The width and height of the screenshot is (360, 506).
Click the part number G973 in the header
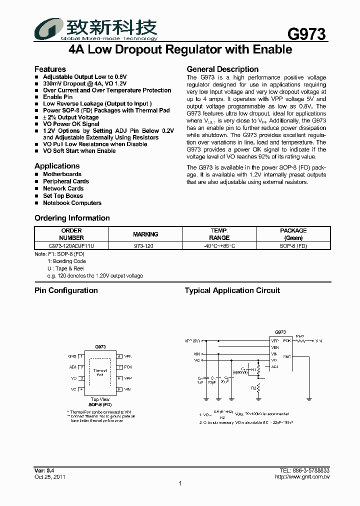306,34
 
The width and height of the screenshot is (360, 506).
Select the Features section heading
50,69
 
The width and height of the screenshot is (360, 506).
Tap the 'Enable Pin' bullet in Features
57,97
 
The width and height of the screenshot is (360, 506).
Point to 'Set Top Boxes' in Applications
63,196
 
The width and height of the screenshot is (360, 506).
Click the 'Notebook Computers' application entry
72,203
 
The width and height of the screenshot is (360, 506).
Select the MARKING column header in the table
145,234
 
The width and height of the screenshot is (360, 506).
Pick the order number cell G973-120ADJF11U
71,245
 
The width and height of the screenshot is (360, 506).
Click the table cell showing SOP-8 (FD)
293,245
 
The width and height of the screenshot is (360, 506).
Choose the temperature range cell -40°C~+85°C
219,245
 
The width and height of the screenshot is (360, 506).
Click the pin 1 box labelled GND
81,356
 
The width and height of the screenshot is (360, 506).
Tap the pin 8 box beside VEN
119,356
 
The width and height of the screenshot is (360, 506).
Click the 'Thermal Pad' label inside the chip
100,372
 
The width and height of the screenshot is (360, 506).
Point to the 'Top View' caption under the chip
100,399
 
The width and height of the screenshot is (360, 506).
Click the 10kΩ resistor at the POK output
300,341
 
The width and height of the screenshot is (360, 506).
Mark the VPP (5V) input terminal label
192,341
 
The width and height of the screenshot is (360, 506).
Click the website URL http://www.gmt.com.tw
302,477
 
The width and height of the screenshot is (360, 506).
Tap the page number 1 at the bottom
180,483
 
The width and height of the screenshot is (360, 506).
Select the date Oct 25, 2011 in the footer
49,477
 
